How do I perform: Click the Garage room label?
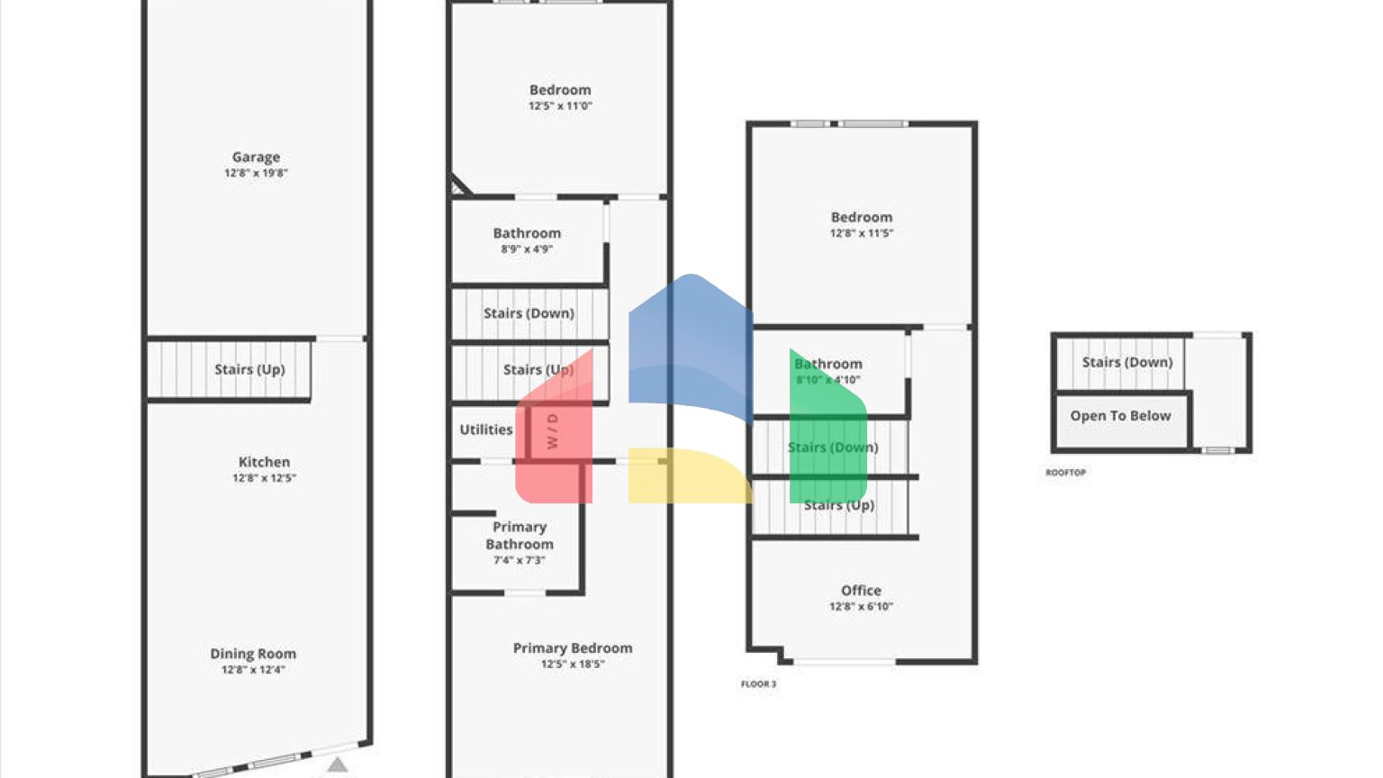256,157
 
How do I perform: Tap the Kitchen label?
264,462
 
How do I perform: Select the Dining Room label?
253,654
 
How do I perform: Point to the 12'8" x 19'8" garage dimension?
256,173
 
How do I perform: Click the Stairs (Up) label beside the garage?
249,369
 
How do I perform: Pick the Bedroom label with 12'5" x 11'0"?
560,90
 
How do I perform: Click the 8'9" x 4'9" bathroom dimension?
527,249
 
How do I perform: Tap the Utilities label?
486,430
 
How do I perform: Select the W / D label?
552,431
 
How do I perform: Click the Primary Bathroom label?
520,535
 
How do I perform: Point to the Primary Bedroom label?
573,648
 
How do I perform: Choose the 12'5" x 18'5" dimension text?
573,665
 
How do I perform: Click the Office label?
861,591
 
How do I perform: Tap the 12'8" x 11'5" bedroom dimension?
862,233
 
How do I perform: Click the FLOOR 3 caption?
758,684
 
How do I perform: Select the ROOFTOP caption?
1065,473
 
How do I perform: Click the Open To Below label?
1120,416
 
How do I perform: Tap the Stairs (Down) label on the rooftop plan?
1127,362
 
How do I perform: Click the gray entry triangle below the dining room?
337,764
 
